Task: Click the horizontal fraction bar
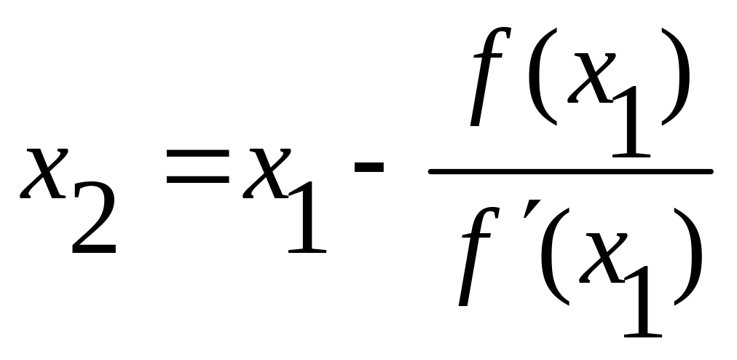[569, 172]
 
